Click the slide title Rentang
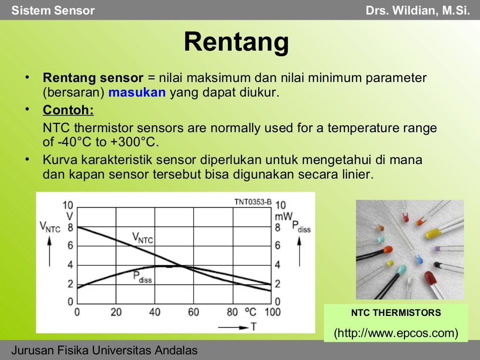(x=236, y=43)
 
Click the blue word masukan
(x=137, y=92)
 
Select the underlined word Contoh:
(x=68, y=110)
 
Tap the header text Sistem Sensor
(x=53, y=10)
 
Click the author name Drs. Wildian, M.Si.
(x=418, y=10)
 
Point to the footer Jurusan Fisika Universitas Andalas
(x=105, y=350)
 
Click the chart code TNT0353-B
(x=253, y=202)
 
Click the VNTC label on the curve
(x=142, y=238)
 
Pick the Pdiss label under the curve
(x=142, y=277)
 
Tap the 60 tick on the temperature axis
(x=193, y=312)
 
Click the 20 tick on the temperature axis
(x=116, y=312)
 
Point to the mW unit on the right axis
(x=284, y=217)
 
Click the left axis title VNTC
(x=50, y=228)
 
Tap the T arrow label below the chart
(x=253, y=327)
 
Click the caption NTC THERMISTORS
(x=396, y=313)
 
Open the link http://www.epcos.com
(x=396, y=333)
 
